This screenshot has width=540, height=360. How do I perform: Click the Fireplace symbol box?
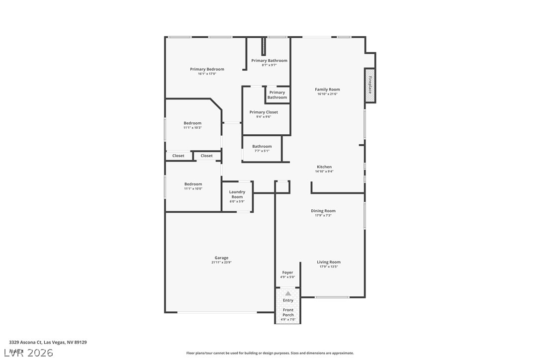coord(370,85)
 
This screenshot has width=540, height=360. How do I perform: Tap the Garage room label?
coord(221,258)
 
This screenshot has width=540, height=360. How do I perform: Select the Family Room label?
coord(327,90)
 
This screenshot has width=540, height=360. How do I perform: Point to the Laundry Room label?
coord(237,194)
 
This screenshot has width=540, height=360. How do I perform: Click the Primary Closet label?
coord(264,112)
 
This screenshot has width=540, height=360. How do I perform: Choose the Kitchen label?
coord(324,167)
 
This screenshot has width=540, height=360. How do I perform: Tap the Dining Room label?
coord(323,211)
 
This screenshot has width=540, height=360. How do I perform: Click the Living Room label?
coord(329,262)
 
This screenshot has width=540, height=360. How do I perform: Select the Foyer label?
coord(287,272)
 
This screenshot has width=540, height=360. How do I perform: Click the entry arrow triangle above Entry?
coord(288,294)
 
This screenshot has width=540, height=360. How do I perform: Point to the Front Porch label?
coord(288,312)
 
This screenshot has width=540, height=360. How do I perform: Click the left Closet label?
coord(178,156)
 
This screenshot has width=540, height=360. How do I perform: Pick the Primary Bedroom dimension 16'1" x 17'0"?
coord(207,74)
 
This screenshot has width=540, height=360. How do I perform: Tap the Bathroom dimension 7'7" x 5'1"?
coord(262,151)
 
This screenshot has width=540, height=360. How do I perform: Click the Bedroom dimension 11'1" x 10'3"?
coord(192,128)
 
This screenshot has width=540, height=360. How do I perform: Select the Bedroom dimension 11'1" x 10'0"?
coord(193,188)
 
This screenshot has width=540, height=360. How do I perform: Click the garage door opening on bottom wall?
coord(217,312)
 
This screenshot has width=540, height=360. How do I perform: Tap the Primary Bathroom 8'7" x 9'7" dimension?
coord(269,65)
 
